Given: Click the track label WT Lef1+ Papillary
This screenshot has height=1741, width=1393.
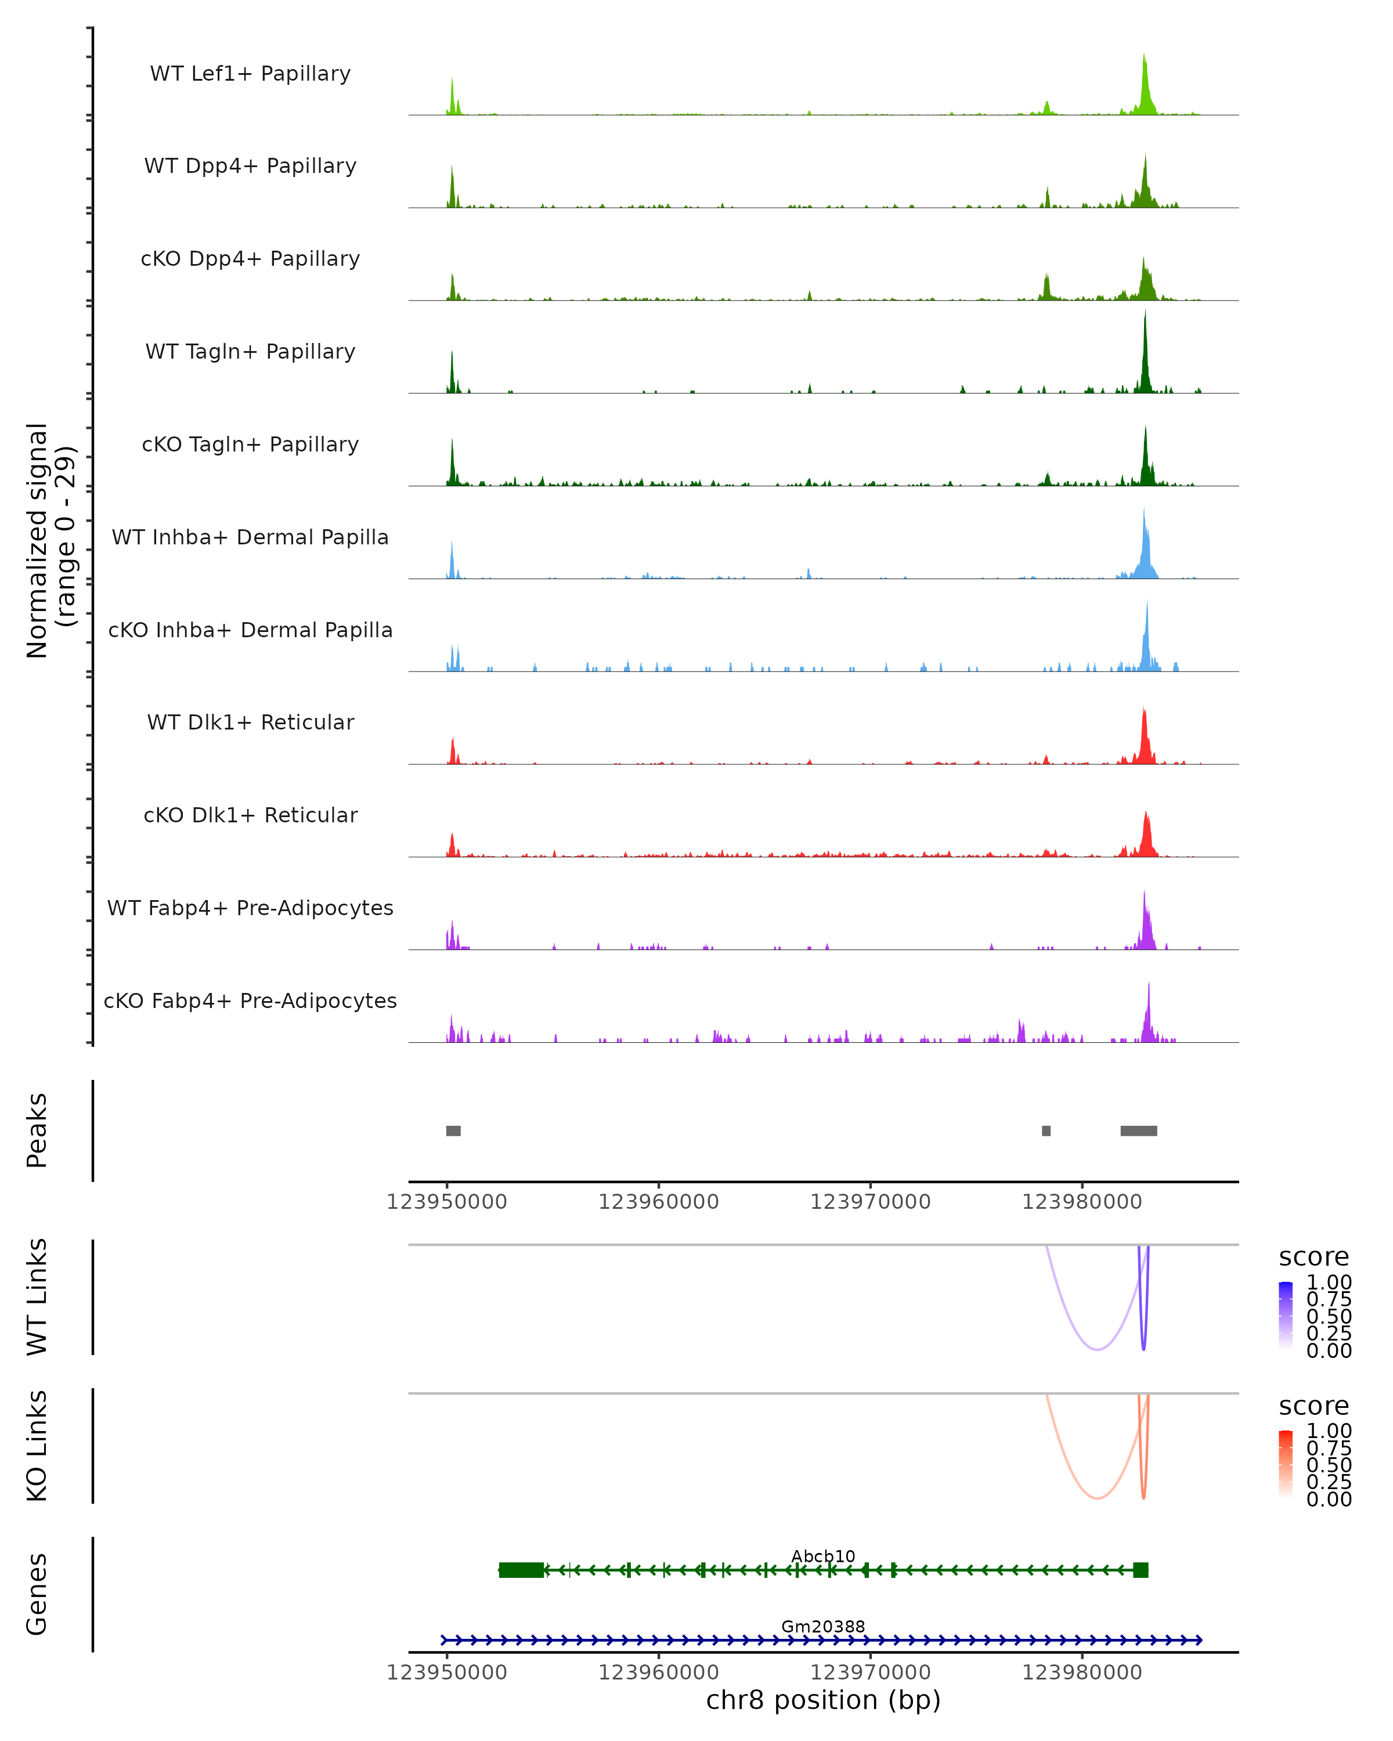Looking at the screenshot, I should tap(250, 74).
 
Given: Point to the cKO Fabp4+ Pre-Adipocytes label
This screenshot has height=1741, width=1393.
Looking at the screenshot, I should tap(250, 1000).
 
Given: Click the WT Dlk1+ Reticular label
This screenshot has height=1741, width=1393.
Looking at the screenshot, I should tap(250, 722).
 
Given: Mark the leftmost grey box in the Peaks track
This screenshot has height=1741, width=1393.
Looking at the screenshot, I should tap(453, 1130).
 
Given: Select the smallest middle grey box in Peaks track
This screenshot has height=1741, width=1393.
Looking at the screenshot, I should tap(1046, 1130).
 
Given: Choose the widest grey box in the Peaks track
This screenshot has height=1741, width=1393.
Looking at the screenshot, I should tap(1139, 1130).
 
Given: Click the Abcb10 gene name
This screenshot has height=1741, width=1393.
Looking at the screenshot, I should tap(823, 1556).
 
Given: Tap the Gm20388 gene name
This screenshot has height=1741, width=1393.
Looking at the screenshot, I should tap(823, 1626).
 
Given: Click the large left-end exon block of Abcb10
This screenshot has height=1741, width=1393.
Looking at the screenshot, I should tap(521, 1570).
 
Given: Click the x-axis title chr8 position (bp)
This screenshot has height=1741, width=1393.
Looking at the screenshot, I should tap(823, 1700).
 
